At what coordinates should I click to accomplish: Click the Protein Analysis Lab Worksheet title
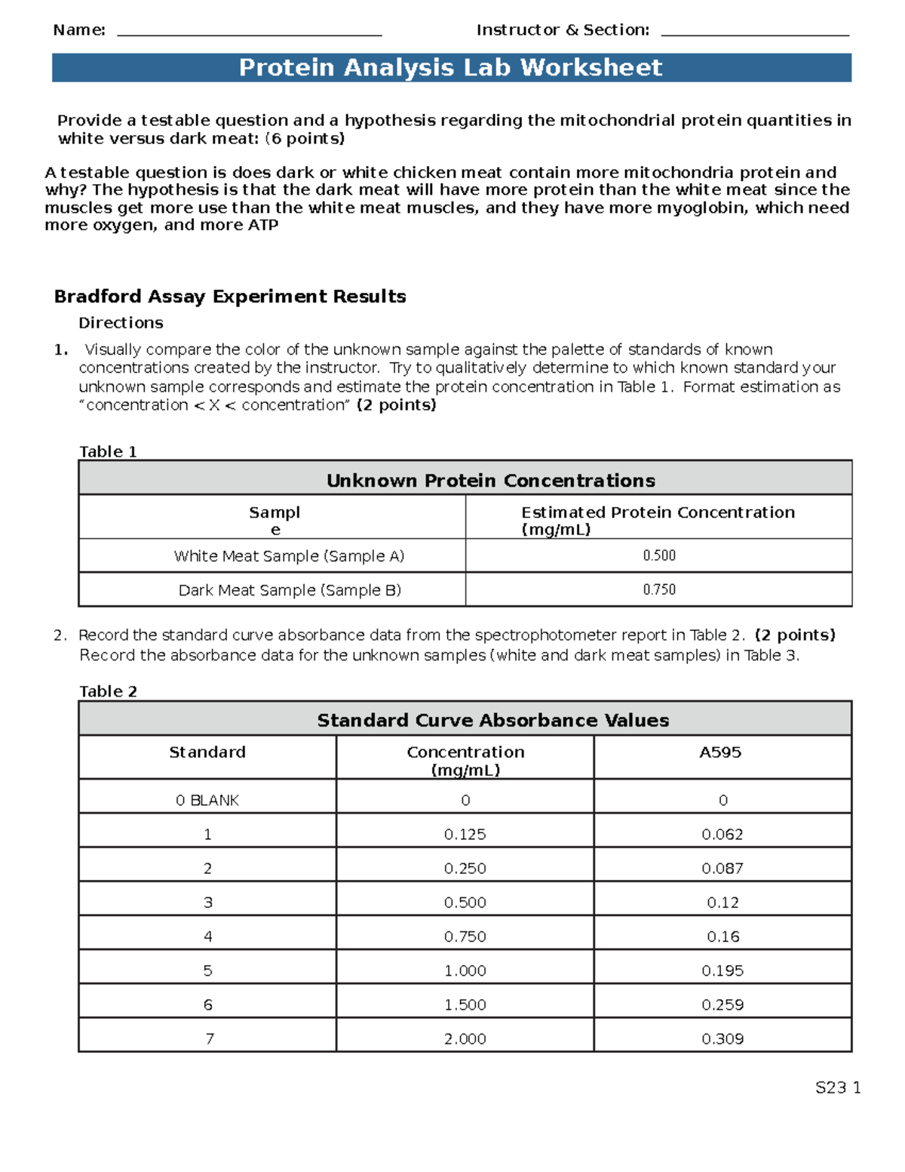450,68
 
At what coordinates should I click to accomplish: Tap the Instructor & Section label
563,30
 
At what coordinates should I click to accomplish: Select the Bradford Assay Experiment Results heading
230,297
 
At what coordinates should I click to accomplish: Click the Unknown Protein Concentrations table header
490,481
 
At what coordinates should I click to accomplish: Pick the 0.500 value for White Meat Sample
658,555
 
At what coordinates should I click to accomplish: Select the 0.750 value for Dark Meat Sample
658,589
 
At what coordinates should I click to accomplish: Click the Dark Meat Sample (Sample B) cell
290,590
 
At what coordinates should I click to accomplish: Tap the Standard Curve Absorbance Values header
492,720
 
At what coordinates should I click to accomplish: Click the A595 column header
720,752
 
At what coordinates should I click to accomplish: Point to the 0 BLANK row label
207,800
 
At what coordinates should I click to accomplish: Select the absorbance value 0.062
722,834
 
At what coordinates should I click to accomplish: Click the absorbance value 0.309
722,1038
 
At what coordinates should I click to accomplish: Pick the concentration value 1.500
465,1004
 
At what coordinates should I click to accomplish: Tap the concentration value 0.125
465,834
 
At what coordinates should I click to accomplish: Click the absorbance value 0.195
722,971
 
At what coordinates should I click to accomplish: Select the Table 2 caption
109,691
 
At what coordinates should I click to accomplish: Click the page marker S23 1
837,1087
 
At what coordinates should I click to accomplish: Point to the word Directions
121,323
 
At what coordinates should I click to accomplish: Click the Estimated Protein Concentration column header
658,520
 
